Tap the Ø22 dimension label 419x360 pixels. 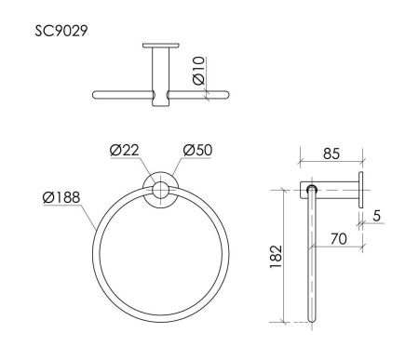pyautogui.click(x=124, y=151)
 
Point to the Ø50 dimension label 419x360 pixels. pyautogui.click(x=198, y=151)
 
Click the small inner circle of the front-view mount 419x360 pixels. pyautogui.click(x=160, y=193)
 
